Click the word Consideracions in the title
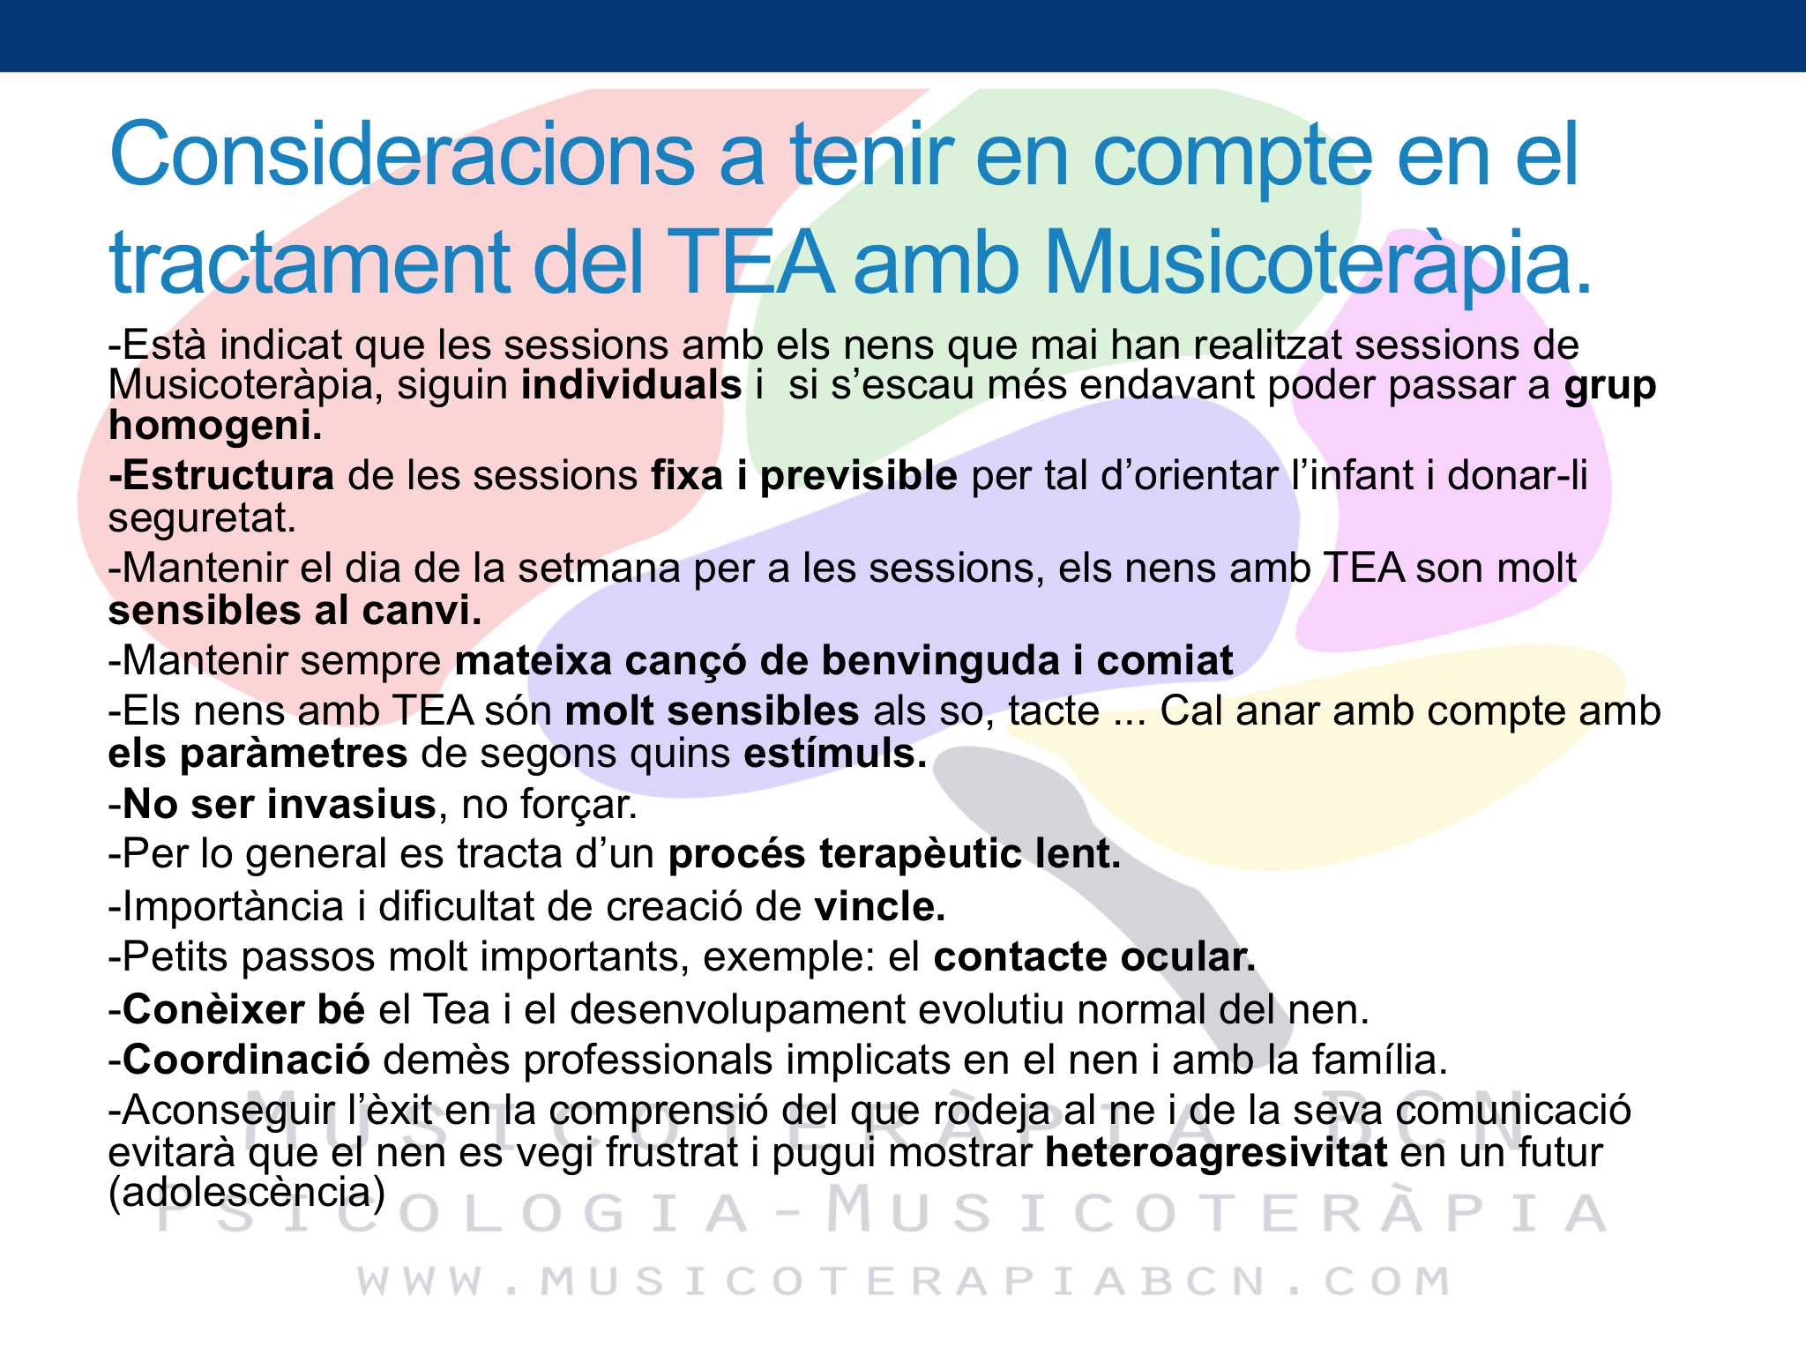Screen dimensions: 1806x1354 click(x=402, y=154)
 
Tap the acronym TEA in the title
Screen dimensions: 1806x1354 click(x=754, y=263)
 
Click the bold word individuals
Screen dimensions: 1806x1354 click(x=631, y=385)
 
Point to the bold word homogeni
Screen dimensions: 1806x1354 click(x=215, y=427)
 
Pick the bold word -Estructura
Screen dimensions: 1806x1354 click(x=221, y=476)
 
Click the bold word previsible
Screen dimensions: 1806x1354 click(x=859, y=476)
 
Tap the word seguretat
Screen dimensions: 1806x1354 click(x=202, y=518)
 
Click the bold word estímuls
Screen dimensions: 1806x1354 click(x=836, y=754)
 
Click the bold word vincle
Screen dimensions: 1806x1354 click(x=879, y=906)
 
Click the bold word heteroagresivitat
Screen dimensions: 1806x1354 click(x=1216, y=1153)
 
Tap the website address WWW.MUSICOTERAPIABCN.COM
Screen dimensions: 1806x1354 click(x=904, y=1281)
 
